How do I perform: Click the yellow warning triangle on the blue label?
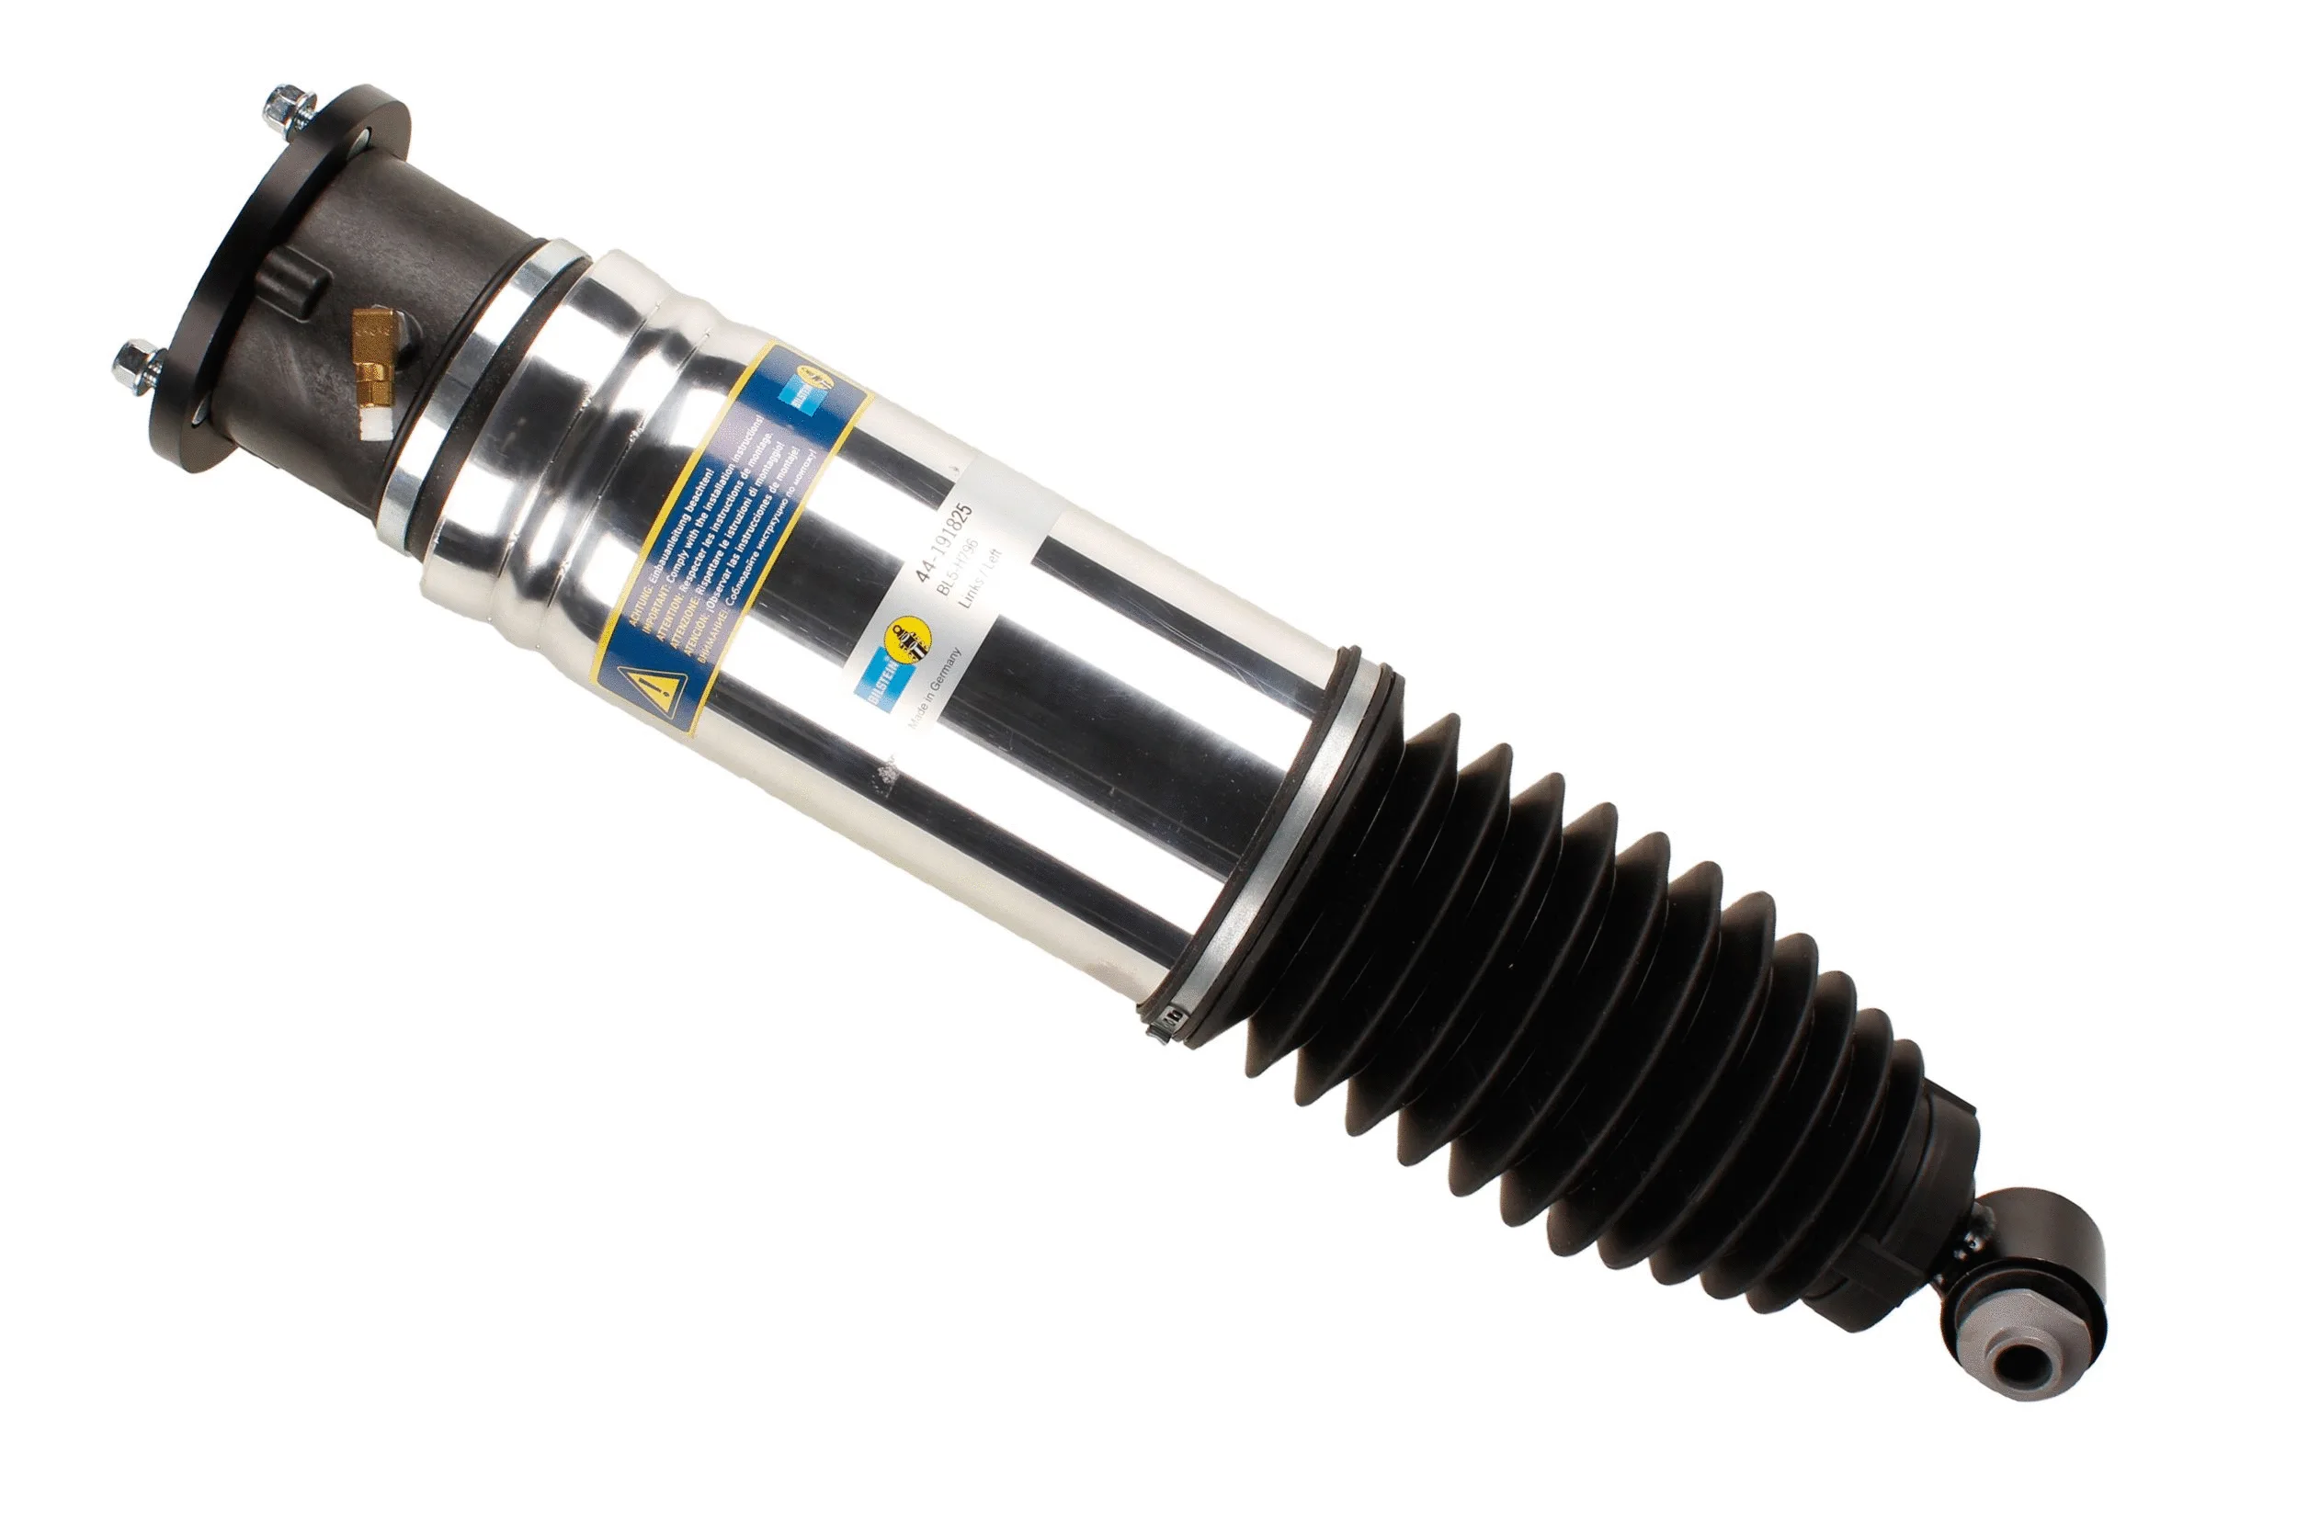coord(651,694)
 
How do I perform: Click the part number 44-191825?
coord(943,542)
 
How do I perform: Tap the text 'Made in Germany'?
coord(936,688)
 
